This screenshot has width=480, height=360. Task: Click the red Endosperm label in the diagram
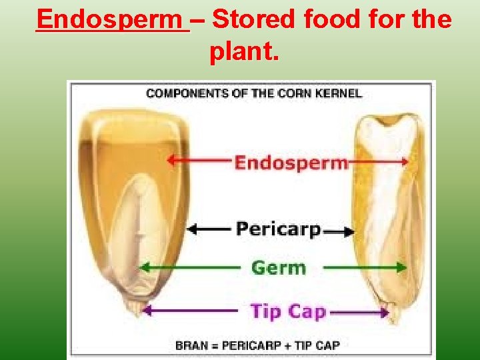click(x=291, y=162)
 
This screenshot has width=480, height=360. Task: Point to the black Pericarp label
click(x=278, y=229)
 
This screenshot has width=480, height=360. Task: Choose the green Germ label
click(x=278, y=268)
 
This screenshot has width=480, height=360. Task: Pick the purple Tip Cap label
click(x=287, y=311)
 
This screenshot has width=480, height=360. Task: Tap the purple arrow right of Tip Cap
click(x=360, y=311)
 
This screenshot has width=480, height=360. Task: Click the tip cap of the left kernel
click(x=135, y=309)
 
